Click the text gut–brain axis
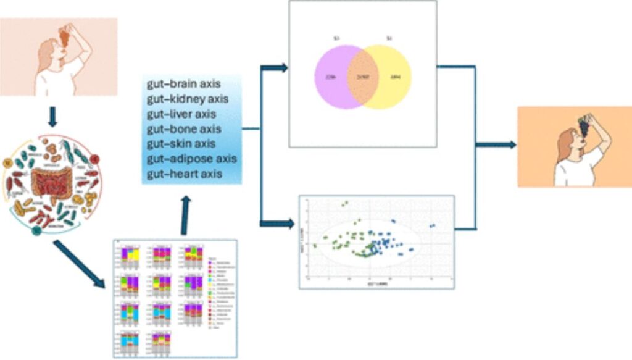183,85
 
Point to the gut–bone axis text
183,129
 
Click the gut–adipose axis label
191,159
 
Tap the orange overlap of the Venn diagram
363,77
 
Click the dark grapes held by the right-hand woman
582,126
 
